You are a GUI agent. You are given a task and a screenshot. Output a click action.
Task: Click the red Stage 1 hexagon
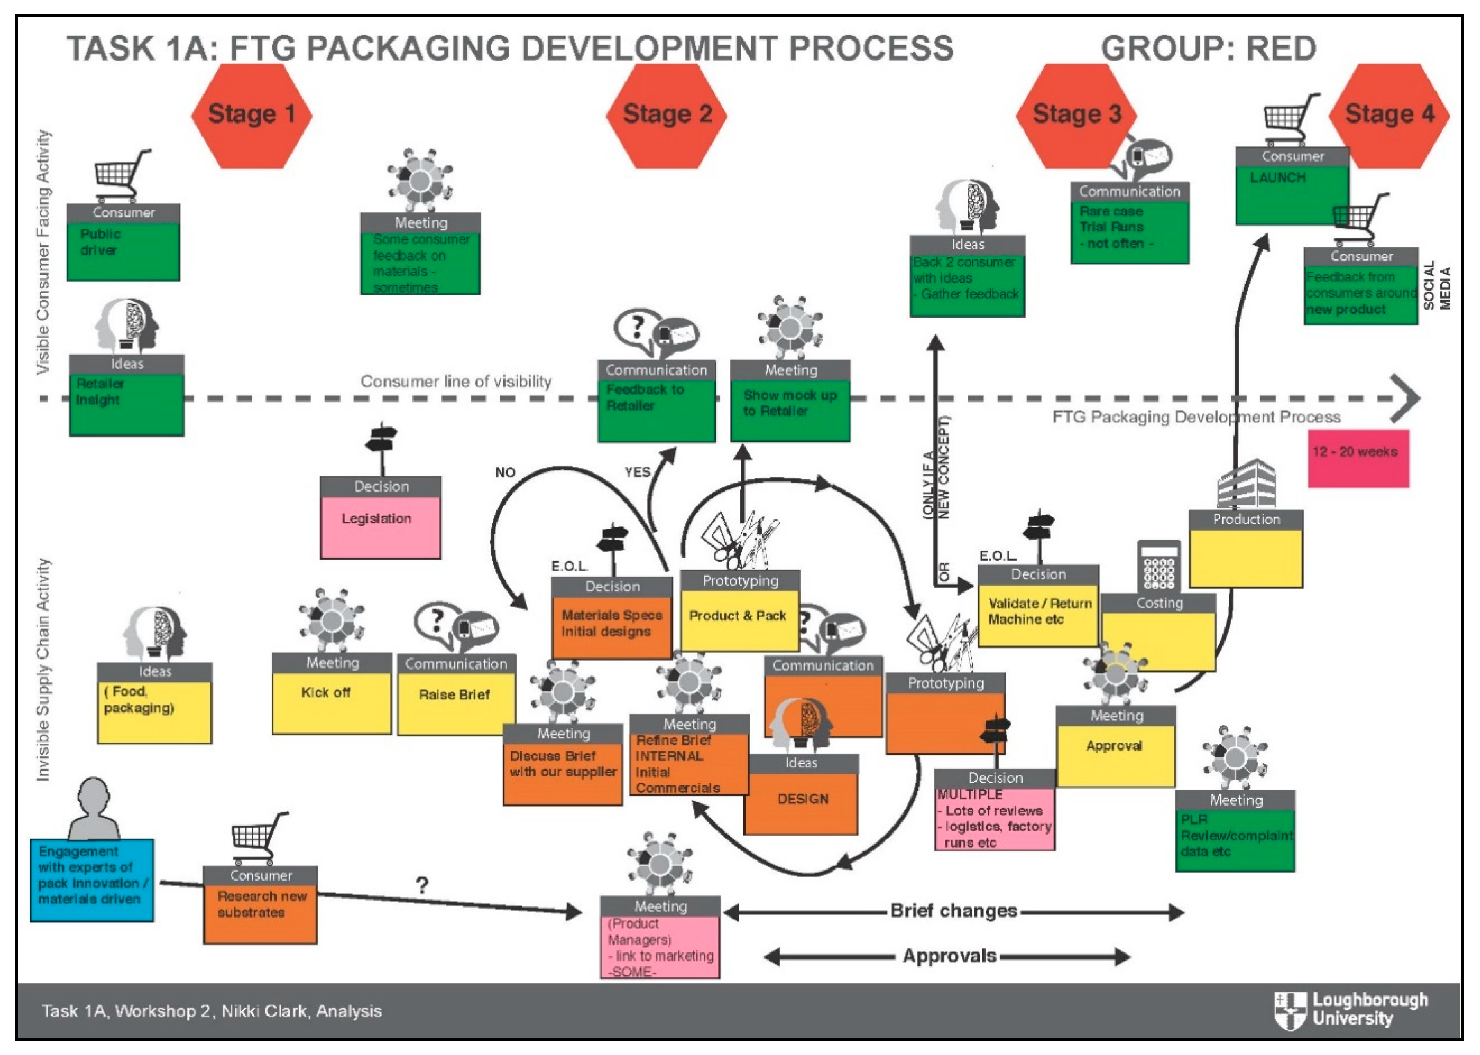click(252, 115)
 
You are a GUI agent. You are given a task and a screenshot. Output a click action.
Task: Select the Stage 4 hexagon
click(1389, 115)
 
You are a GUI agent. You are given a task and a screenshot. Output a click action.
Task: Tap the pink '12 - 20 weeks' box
click(1358, 458)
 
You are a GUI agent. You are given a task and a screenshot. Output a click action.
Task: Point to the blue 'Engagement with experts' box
click(91, 880)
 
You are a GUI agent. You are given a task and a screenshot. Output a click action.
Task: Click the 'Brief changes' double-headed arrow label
click(953, 911)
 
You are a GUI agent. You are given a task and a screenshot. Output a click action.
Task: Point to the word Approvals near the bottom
click(949, 956)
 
